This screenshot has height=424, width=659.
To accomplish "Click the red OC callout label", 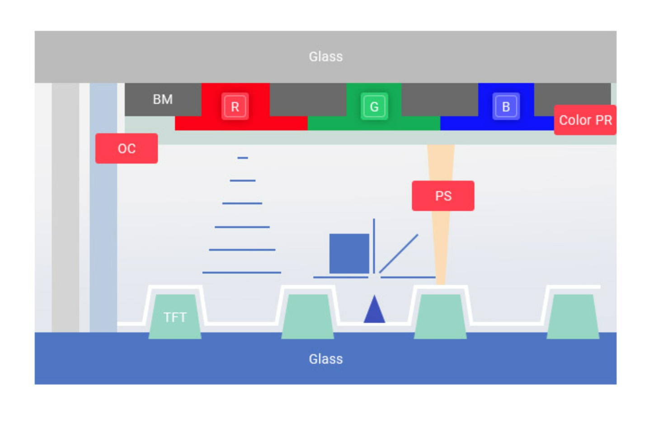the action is pos(127,148).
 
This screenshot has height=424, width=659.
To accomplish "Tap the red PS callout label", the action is pos(443,196).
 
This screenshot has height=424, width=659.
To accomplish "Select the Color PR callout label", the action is pos(585,120).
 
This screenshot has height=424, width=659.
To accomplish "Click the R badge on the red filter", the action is pos(235,107).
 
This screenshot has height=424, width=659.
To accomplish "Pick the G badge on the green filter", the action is pos(374,107).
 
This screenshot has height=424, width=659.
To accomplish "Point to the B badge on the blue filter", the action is pos(506,107).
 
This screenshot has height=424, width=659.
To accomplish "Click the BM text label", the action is pos(163,99).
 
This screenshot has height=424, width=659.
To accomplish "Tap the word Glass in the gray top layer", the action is pos(326,57).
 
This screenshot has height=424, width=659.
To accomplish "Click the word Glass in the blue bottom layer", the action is pos(326,359).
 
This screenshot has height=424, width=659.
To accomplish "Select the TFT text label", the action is pos(175,317).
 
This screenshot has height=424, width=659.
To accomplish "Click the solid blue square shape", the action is pos(349,254).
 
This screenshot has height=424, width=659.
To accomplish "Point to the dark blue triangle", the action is pos(375,309).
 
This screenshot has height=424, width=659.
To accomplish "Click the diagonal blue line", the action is pos(399,254).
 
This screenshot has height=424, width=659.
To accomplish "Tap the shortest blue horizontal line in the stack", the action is pos(243,158).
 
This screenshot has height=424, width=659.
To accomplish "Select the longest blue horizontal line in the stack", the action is pos(242,273).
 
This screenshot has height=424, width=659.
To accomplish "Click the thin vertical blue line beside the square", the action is pos(374,246).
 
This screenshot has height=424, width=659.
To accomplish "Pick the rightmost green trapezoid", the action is pos(573,316).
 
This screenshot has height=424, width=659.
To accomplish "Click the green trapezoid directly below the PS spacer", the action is pos(440,316).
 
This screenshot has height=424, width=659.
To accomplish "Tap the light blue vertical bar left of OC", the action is pos(103,207).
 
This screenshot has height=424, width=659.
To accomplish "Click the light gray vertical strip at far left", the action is pos(66,207).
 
